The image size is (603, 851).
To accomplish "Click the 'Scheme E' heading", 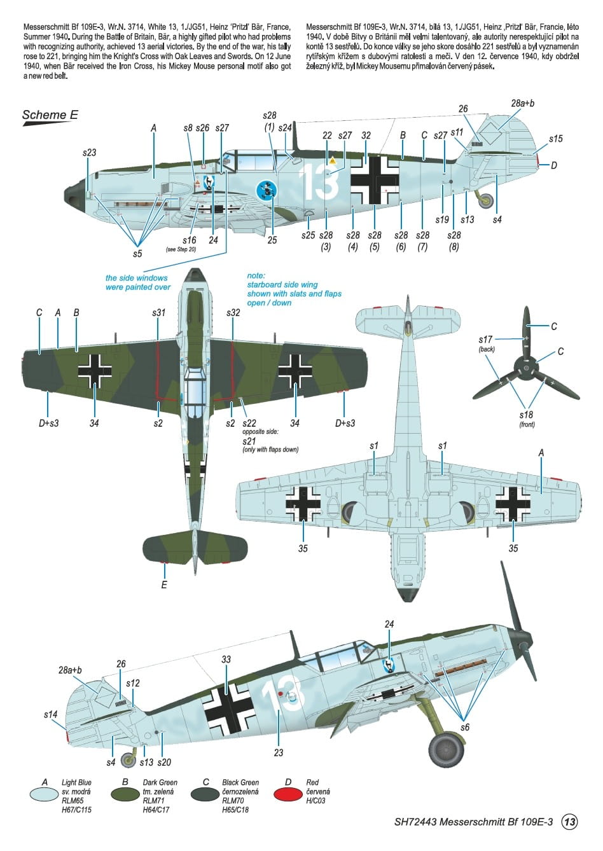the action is point(50,114).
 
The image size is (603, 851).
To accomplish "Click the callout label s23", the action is point(89,153).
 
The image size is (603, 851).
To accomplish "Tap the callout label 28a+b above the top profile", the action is point(522,103).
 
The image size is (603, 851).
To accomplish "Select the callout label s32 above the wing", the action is point(233,313).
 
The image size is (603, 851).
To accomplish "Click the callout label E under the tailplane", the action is point(164,585).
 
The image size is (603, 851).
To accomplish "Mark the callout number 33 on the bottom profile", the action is point(226,659).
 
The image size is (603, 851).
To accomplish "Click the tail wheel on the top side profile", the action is point(487,201).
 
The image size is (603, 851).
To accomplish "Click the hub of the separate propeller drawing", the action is point(526,368).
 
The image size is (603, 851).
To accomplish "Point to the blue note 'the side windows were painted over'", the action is point(138,282).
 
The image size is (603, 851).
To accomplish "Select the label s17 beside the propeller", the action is point(485,339).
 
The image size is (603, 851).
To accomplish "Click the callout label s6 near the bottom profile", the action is point(465,727).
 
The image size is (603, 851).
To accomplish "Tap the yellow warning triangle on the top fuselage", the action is point(333,160).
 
